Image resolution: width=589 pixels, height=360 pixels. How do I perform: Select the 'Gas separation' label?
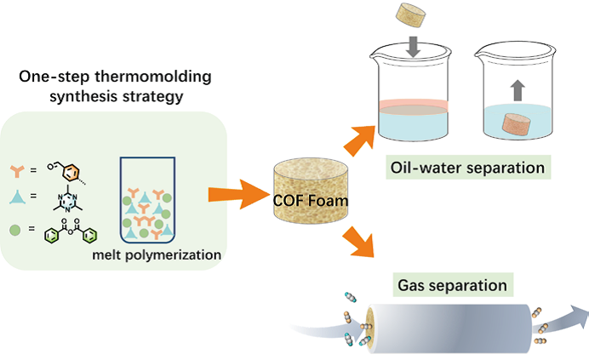click(x=451, y=283)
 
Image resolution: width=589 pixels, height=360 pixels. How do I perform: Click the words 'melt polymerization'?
click(x=158, y=254)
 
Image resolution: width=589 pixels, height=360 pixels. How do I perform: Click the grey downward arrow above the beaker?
click(x=412, y=45)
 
